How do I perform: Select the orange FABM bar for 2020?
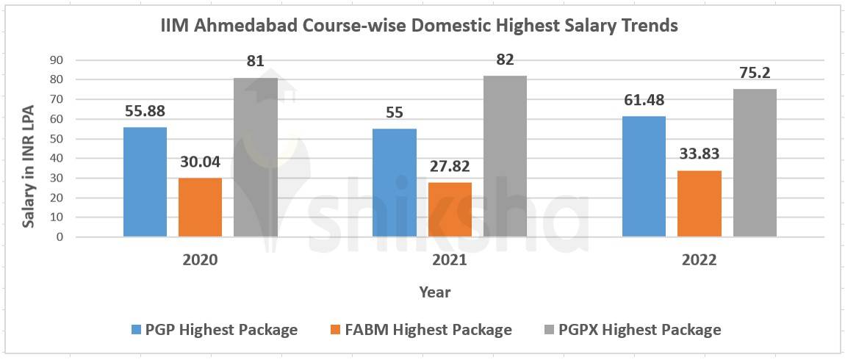coord(200,207)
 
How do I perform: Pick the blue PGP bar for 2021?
coord(394,182)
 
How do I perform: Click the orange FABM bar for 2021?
coord(449,209)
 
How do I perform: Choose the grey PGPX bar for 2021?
coord(505,156)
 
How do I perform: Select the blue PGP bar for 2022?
coord(644,176)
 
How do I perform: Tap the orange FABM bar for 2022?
coord(699,204)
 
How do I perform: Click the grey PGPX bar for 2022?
coord(755,162)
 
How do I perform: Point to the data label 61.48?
coord(644,101)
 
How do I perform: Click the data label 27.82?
coord(449,167)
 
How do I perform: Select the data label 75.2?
coord(755,73)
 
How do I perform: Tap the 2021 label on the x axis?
coord(449,261)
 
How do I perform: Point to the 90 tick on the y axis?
coord(56,60)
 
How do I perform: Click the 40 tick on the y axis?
coord(56,159)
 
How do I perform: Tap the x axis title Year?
coord(435,292)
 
